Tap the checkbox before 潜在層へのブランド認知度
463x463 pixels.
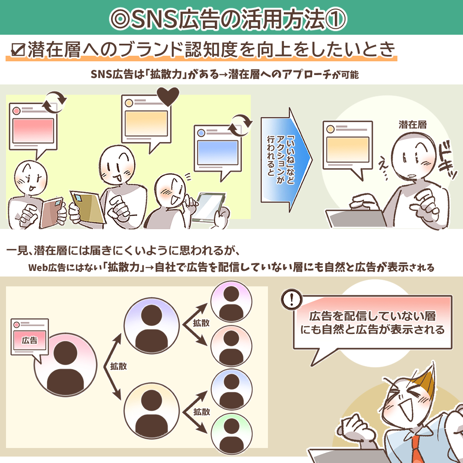[x=18, y=50]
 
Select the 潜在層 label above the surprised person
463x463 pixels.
[x=412, y=125]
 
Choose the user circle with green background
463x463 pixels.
[x=231, y=430]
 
